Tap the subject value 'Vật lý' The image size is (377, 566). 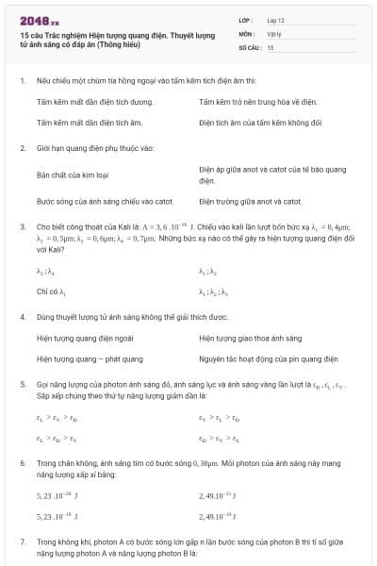tap(274, 33)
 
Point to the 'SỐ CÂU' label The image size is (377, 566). tap(249, 46)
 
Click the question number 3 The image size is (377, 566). tap(22, 227)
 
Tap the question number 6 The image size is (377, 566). tap(22, 464)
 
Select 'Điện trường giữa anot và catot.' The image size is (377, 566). tap(251, 201)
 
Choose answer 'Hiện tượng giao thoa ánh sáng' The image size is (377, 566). tap(251, 337)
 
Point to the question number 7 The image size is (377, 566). tap(22, 542)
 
